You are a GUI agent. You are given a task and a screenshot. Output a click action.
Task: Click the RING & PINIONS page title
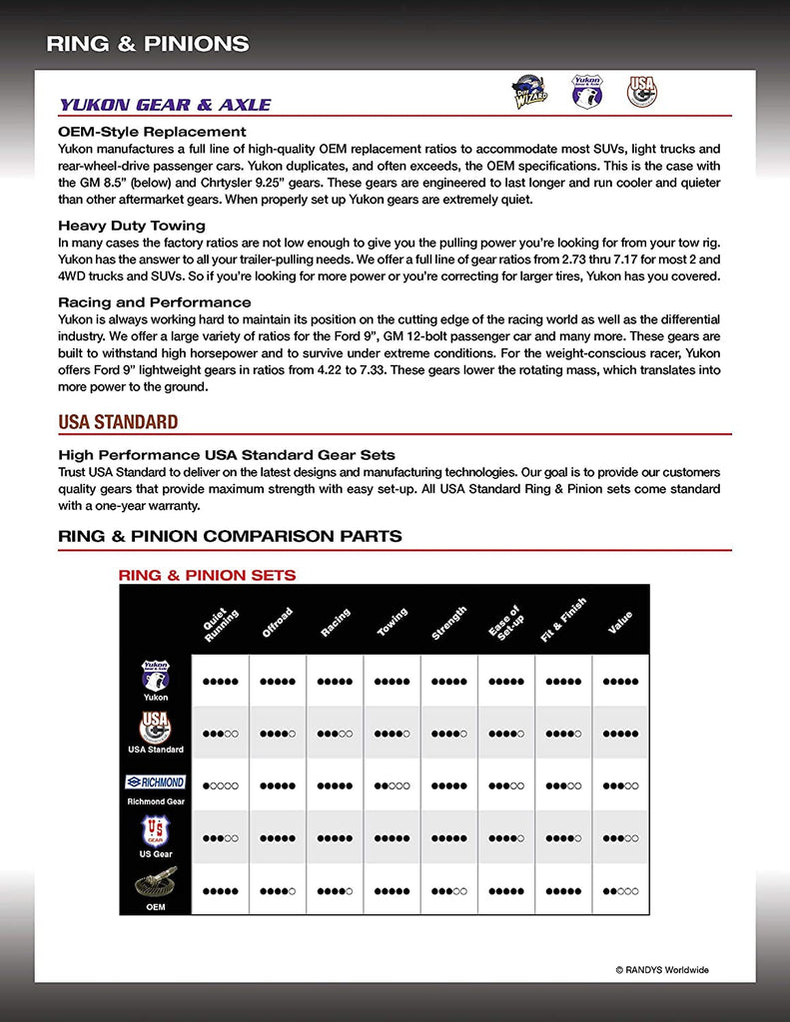[148, 44]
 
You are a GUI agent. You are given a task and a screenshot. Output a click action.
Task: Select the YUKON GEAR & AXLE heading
[165, 105]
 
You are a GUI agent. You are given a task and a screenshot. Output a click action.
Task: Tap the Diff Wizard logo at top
[528, 90]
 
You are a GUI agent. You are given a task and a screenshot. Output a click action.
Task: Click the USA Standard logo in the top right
[641, 91]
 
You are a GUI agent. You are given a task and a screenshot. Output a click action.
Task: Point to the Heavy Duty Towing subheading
[132, 226]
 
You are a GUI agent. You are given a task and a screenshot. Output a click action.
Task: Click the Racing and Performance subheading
[155, 302]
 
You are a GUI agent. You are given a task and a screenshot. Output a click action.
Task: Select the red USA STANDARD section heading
[118, 422]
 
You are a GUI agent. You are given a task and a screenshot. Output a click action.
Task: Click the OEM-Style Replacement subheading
[152, 132]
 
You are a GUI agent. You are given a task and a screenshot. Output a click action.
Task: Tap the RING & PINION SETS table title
[207, 575]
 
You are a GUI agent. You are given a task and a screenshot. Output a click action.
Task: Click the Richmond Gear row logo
[155, 782]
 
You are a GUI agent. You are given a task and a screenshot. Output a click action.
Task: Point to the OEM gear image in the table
[155, 884]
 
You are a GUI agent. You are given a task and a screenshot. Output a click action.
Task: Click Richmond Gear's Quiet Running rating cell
[221, 785]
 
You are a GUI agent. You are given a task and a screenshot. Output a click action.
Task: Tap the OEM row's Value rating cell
[620, 890]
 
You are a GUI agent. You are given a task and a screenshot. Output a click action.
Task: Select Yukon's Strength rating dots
[448, 682]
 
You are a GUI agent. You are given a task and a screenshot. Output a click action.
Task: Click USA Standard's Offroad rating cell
[278, 734]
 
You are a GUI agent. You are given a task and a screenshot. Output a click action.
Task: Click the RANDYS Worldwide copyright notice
[662, 969]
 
